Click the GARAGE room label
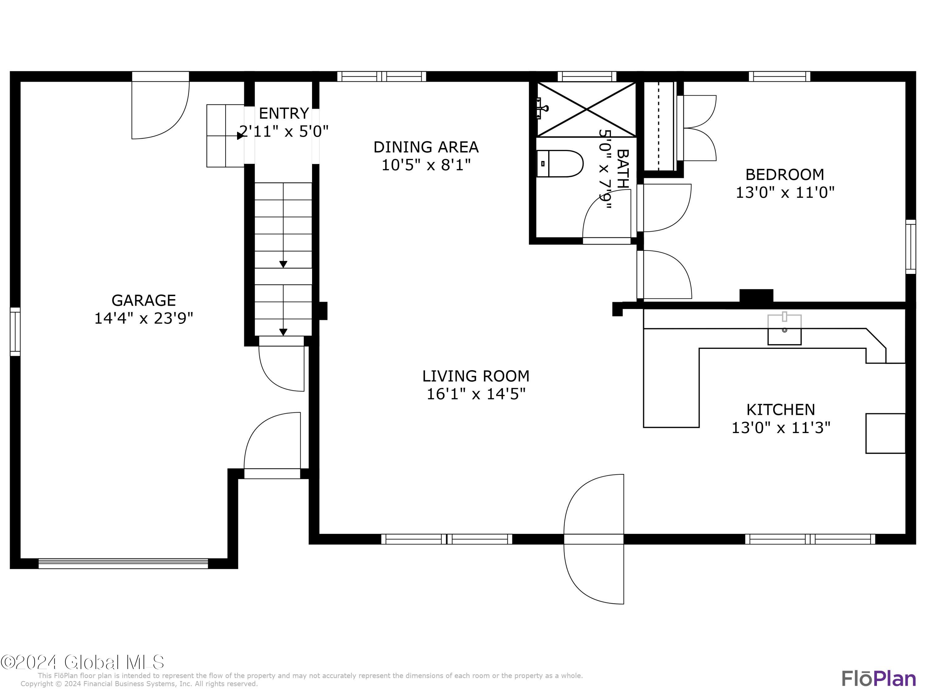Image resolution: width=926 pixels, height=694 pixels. pyautogui.click(x=144, y=300)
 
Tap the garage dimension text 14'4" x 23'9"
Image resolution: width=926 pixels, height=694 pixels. pyautogui.click(x=144, y=319)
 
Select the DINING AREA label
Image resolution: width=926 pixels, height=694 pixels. pyautogui.click(x=426, y=147)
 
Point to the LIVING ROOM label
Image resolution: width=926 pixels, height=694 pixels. pyautogui.click(x=476, y=376)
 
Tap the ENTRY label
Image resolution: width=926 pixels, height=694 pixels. pyautogui.click(x=284, y=114)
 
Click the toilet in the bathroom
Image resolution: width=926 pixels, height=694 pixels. pyautogui.click(x=560, y=163)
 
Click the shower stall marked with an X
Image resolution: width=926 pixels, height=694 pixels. pyautogui.click(x=586, y=109)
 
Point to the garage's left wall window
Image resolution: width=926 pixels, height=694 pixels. pyautogui.click(x=15, y=332)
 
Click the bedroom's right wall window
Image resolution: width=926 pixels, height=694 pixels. pyautogui.click(x=911, y=247)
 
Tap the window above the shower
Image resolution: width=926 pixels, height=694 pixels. pyautogui.click(x=586, y=76)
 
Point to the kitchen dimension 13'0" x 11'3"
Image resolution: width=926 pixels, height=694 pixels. pyautogui.click(x=781, y=428)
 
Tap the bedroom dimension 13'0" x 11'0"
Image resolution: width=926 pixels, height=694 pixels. pyautogui.click(x=785, y=192)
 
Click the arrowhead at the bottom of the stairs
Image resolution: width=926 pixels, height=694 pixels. pyautogui.click(x=283, y=332)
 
